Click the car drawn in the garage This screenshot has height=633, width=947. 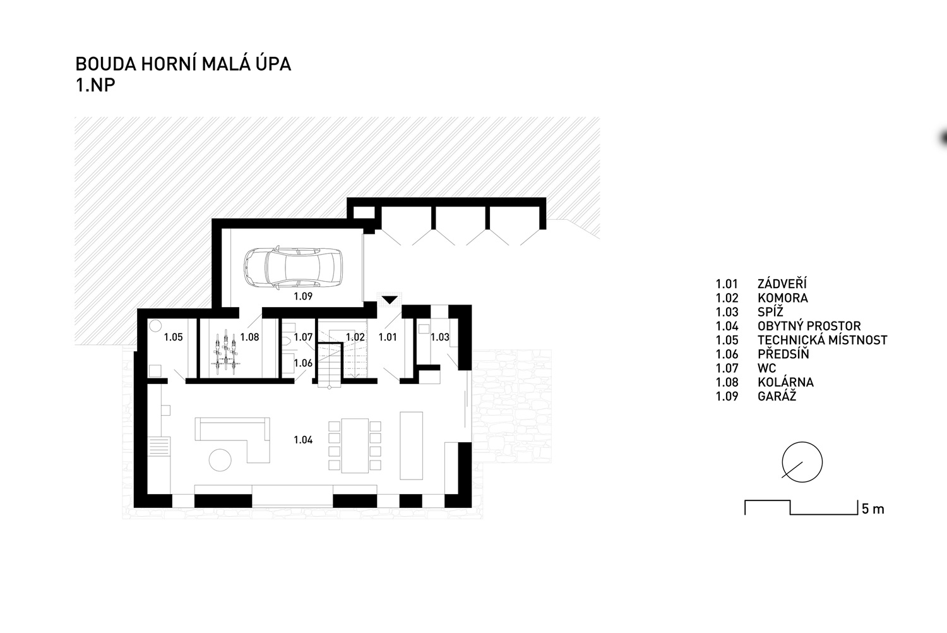click(292, 268)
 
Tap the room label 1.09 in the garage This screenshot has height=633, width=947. click(303, 296)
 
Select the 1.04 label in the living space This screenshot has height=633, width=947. click(303, 440)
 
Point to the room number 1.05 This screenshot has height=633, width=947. click(174, 337)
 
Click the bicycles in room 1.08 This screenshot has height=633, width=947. click(226, 353)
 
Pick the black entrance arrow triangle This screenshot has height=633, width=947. click(390, 300)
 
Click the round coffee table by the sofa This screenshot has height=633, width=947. click(220, 460)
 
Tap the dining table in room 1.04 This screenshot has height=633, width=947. click(355, 445)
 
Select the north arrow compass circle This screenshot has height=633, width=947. click(802, 462)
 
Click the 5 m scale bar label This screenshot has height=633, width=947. click(873, 509)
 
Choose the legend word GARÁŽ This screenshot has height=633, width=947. click(777, 396)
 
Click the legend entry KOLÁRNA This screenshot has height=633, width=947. click(785, 382)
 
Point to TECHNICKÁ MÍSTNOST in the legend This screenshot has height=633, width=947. click(822, 340)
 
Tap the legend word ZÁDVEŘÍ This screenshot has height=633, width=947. click(782, 283)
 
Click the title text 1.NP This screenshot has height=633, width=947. click(95, 85)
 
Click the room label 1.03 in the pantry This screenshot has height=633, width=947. click(439, 337)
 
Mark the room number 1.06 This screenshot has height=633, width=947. click(303, 363)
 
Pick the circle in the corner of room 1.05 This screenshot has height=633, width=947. click(155, 326)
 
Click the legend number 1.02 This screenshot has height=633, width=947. click(727, 298)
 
